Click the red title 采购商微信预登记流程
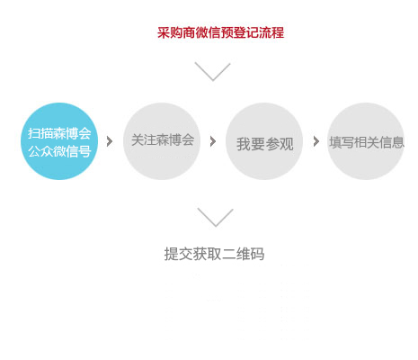coord(220,32)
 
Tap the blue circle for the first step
coord(59,141)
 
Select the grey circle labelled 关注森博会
coord(162,141)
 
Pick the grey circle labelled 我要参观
coord(264,141)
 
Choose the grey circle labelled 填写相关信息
coord(366,141)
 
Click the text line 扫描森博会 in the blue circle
coord(59,133)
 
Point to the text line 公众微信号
coord(59,151)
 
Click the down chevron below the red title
coord(212,71)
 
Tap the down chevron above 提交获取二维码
coord(215,217)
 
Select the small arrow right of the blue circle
coord(110,141)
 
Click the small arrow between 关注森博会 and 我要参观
coord(213,141)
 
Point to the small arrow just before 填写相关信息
coord(316,141)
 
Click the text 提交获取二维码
coord(214,254)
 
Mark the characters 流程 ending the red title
coord(271,32)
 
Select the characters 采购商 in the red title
coord(176,32)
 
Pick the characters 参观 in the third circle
coord(280,144)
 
